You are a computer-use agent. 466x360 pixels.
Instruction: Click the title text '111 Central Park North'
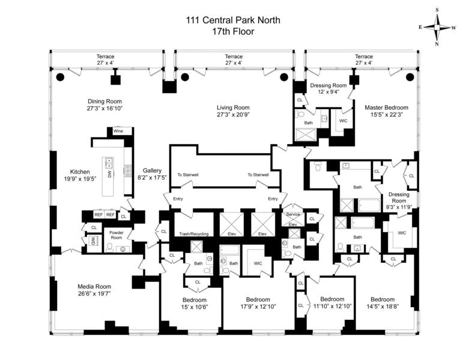tap(233, 20)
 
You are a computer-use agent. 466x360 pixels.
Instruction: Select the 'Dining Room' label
tap(104, 101)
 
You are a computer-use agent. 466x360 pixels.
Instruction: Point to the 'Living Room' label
tap(233, 107)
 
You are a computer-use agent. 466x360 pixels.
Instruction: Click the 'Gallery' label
tap(151, 170)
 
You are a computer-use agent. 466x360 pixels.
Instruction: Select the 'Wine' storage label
tap(118, 130)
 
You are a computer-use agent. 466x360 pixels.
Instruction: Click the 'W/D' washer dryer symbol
tap(93, 241)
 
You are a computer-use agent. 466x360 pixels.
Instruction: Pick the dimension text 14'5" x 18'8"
tap(382, 307)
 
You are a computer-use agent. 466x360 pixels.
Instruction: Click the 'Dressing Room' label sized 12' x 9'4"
tap(328, 86)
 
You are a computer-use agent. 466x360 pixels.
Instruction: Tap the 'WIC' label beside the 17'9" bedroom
tap(258, 263)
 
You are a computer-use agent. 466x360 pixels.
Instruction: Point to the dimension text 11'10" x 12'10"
tap(331, 307)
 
